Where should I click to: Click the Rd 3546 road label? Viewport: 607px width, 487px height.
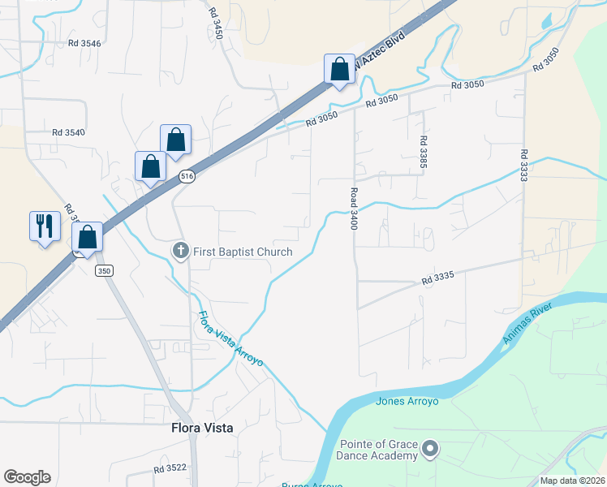[84, 43]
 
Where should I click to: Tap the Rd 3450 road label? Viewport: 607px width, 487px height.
[215, 24]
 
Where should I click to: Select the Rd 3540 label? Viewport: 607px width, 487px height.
[68, 132]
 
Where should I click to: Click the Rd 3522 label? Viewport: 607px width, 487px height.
[170, 469]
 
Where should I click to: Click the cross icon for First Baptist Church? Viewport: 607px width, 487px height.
[181, 252]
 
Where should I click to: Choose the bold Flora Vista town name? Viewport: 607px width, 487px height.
[202, 429]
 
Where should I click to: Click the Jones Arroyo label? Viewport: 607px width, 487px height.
[407, 401]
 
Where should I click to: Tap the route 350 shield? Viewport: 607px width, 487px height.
[103, 269]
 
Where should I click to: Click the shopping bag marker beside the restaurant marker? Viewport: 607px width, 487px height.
[87, 237]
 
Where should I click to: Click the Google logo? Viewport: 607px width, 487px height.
[27, 477]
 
